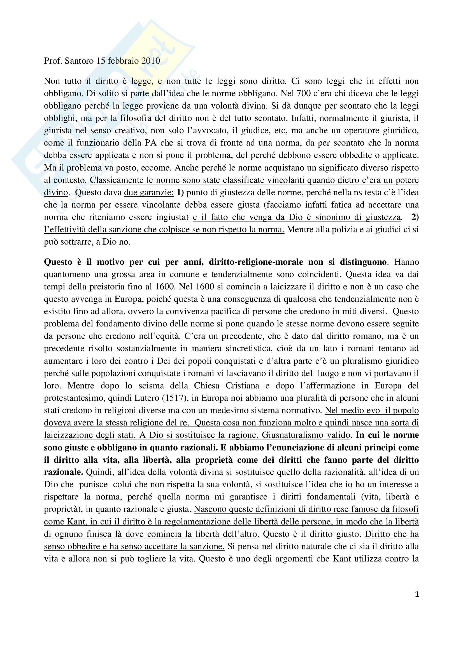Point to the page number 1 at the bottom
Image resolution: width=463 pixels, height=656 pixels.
coord(417,595)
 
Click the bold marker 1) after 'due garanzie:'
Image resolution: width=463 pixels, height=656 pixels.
coord(180,193)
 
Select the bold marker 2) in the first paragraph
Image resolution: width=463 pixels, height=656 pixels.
coord(415,217)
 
